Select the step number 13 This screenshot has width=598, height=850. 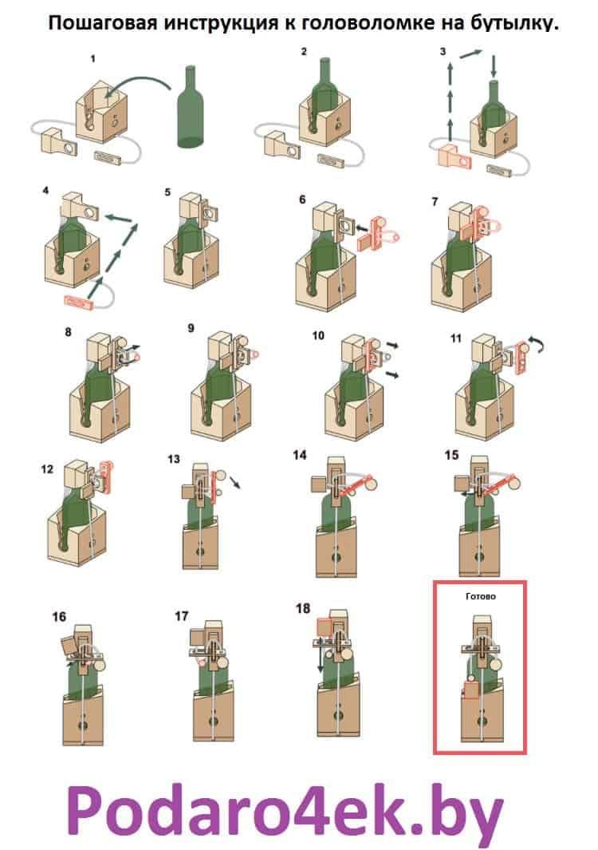(x=175, y=459)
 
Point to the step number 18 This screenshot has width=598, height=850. (x=303, y=609)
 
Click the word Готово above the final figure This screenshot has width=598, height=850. (x=479, y=595)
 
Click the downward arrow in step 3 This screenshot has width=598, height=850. (x=494, y=65)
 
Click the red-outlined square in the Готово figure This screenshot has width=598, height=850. (x=470, y=690)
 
